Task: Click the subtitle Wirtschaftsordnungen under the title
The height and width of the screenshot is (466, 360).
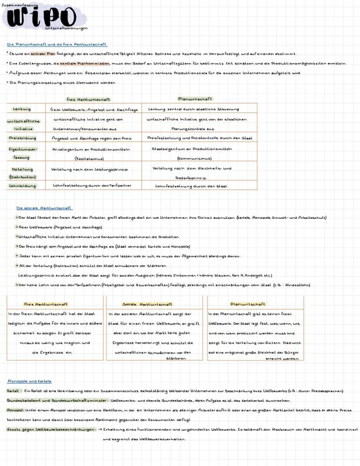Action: [x=66, y=28]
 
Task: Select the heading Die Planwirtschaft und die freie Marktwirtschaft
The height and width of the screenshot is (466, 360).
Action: [x=57, y=44]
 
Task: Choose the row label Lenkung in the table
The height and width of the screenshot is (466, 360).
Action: [x=22, y=109]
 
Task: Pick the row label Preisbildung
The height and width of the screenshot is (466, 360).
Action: [x=22, y=138]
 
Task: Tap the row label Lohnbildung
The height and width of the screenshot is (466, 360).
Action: [x=22, y=186]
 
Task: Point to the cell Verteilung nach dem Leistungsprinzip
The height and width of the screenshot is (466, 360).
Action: [x=90, y=169]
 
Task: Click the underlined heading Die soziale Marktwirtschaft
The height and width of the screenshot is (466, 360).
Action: [x=44, y=208]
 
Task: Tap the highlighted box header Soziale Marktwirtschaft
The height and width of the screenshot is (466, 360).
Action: [x=147, y=304]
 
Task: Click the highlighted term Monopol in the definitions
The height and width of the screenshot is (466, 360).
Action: [x=15, y=410]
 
